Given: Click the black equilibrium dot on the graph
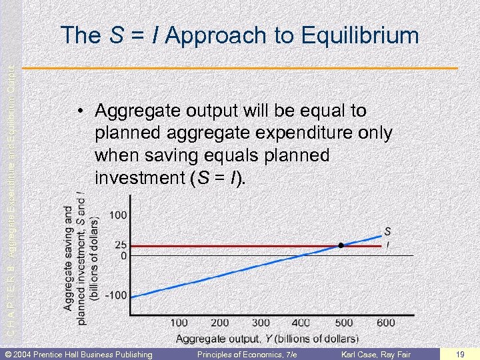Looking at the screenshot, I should coord(341,245).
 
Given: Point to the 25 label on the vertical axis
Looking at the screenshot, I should coord(121,245).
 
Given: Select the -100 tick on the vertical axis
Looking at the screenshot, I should coord(117,295).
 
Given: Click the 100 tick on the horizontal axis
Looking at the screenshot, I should coord(179,323).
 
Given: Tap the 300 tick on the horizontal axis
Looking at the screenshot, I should coord(261,323).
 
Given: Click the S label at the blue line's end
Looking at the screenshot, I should coord(387,231).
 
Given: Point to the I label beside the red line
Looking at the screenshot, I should coord(388,245).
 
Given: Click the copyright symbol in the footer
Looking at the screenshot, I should coord(7,353).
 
